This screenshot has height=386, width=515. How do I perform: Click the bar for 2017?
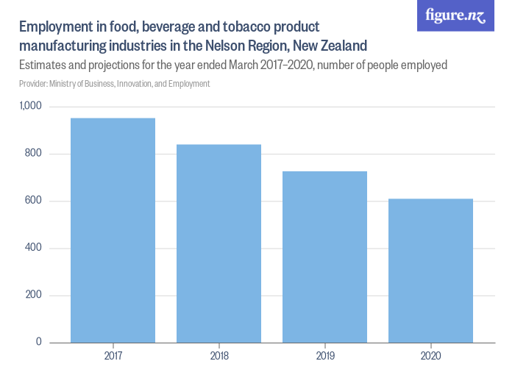click(x=113, y=230)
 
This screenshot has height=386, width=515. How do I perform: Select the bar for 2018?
click(x=219, y=243)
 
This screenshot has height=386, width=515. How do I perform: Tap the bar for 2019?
click(x=324, y=257)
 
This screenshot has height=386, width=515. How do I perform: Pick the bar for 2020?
click(x=430, y=271)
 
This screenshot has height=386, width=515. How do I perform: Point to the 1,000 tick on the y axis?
click(x=30, y=107)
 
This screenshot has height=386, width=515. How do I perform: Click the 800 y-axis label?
click(x=34, y=154)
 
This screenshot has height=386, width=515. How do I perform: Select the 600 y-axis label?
click(x=34, y=201)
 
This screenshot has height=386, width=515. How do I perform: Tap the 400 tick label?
click(x=34, y=248)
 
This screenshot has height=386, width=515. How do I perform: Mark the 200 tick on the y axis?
click(x=34, y=296)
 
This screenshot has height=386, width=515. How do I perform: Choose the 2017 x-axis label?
click(x=113, y=356)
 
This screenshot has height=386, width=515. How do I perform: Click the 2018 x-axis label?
click(x=219, y=356)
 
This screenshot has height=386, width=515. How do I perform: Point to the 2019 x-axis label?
click(x=324, y=356)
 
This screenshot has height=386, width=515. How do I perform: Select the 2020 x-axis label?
click(x=430, y=356)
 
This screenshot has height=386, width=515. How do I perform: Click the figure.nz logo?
click(x=455, y=16)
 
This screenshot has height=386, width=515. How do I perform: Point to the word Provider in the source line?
click(x=35, y=84)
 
